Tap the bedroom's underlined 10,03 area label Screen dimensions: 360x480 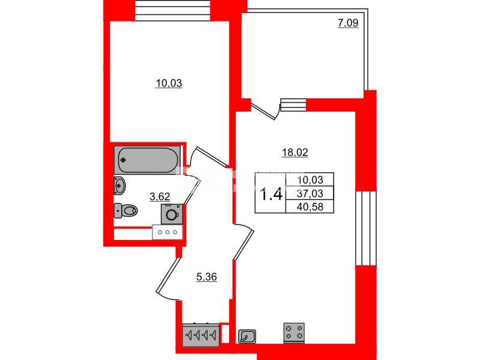(x=169, y=83)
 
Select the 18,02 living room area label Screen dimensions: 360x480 (x=295, y=152)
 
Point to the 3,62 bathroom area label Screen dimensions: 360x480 (x=159, y=195)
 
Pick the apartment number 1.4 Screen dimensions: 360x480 (x=271, y=194)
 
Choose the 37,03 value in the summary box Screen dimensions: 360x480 (x=309, y=193)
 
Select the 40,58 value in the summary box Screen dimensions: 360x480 (x=309, y=206)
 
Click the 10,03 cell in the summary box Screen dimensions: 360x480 (x=309, y=179)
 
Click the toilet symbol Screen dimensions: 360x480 (x=126, y=210)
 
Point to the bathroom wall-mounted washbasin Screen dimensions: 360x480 (x=119, y=185)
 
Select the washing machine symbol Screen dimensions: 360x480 (x=172, y=214)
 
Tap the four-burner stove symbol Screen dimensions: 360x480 (x=293, y=332)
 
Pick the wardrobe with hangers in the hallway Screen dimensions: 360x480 (x=201, y=335)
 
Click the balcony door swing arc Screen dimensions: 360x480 (x=265, y=112)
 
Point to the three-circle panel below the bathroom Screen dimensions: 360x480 (x=167, y=232)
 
